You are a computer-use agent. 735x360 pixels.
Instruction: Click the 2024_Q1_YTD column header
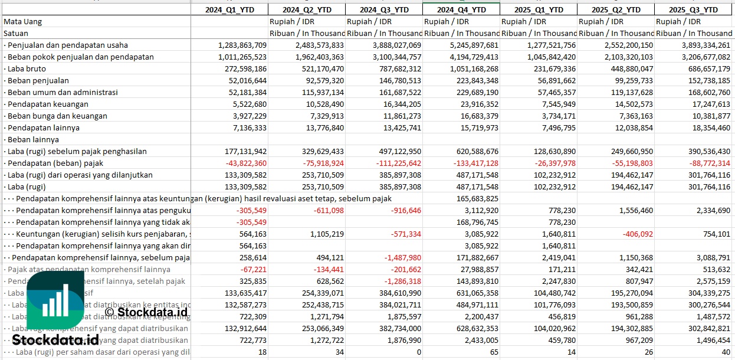229,9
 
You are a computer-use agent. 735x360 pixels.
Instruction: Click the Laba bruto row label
28,68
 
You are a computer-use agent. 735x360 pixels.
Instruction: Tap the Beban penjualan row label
38,80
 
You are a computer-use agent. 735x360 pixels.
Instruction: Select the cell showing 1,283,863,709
242,45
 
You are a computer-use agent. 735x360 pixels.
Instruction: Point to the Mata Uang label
22,21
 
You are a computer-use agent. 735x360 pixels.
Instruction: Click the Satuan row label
16,33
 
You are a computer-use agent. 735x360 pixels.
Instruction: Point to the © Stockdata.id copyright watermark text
146,312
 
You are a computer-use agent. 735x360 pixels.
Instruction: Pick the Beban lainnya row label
34,139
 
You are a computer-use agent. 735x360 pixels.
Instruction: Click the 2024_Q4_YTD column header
461,9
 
